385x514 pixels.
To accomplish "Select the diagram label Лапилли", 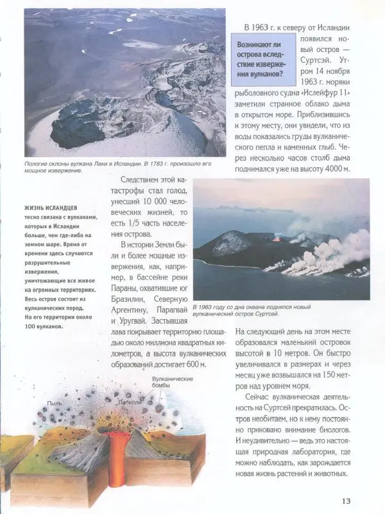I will click(130, 401).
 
